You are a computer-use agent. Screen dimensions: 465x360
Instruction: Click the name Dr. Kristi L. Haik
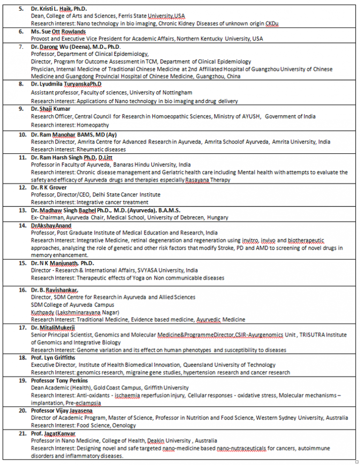(x=53, y=9)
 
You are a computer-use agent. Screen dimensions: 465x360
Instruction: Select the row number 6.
(x=21, y=31)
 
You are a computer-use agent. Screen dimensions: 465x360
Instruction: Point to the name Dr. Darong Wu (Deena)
(x=64, y=47)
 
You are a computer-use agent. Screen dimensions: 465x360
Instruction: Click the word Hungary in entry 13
(x=217, y=218)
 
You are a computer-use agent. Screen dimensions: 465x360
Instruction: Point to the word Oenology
(x=124, y=425)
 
